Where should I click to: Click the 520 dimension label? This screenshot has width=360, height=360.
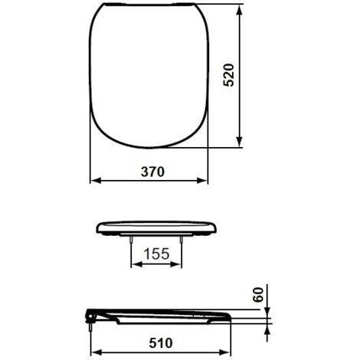pyautogui.click(x=228, y=75)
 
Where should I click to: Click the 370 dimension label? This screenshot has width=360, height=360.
pyautogui.click(x=152, y=172)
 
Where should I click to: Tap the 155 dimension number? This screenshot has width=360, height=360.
pyautogui.click(x=156, y=254)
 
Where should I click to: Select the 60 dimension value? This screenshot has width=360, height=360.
pyautogui.click(x=258, y=295)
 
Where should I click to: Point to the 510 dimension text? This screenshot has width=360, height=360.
pyautogui.click(x=161, y=343)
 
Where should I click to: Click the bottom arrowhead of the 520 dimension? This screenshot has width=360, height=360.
pyautogui.click(x=239, y=142)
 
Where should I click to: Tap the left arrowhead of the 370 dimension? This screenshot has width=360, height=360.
pyautogui.click(x=96, y=181)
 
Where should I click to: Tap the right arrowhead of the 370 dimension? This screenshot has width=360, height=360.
pyautogui.click(x=201, y=181)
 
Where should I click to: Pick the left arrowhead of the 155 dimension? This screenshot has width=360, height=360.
pyautogui.click(x=136, y=264)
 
